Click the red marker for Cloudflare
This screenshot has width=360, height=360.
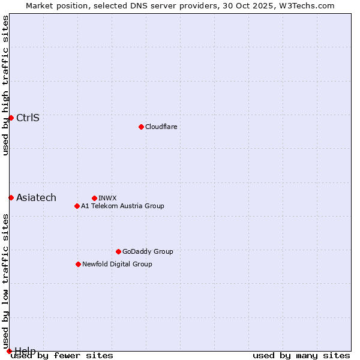[x=141, y=127]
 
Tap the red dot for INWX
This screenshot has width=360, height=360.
[x=94, y=198]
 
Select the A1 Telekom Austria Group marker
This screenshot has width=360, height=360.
[x=77, y=206]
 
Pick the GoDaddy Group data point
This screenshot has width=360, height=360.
[x=118, y=251]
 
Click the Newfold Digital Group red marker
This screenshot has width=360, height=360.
[x=78, y=264]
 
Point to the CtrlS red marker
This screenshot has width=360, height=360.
[x=11, y=118]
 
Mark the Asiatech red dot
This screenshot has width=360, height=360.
[x=11, y=197]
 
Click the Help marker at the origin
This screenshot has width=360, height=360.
[x=9, y=351]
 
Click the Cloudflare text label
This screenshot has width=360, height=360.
[x=161, y=127]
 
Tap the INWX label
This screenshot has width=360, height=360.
[x=107, y=198]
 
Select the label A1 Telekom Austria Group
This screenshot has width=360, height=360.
[x=122, y=206]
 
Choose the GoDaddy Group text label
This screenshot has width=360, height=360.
[x=148, y=251]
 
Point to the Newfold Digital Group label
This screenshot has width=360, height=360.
[x=117, y=264]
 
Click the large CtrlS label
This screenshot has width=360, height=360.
[x=28, y=118]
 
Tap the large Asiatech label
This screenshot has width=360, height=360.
[x=36, y=197]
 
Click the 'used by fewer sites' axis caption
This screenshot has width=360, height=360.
[x=62, y=356]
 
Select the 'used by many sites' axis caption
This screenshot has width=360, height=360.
[x=301, y=356]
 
